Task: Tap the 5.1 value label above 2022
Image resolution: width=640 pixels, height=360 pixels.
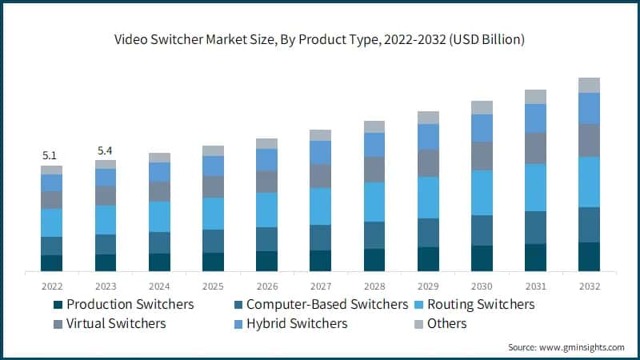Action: [x=51, y=155]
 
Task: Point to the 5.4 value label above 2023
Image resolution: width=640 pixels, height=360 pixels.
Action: [x=105, y=150]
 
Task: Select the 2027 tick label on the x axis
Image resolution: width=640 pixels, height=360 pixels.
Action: [x=320, y=286]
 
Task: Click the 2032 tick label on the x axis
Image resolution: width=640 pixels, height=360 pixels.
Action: [x=589, y=286]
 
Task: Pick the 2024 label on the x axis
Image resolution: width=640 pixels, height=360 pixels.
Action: [x=158, y=286]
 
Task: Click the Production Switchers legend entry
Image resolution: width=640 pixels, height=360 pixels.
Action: [x=123, y=304]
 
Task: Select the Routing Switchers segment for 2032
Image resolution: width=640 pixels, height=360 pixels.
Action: [x=589, y=182]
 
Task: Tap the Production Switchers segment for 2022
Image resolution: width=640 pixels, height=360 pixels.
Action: [x=51, y=263]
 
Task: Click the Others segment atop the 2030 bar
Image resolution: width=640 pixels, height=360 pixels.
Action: [x=482, y=107]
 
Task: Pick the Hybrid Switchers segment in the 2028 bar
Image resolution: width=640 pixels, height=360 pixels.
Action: [x=374, y=145]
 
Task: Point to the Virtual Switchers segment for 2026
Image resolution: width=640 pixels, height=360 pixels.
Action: [x=266, y=182]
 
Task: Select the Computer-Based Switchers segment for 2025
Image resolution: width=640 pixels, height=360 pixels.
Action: [x=213, y=241]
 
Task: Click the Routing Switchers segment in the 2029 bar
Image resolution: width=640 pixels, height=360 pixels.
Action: [x=428, y=198]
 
